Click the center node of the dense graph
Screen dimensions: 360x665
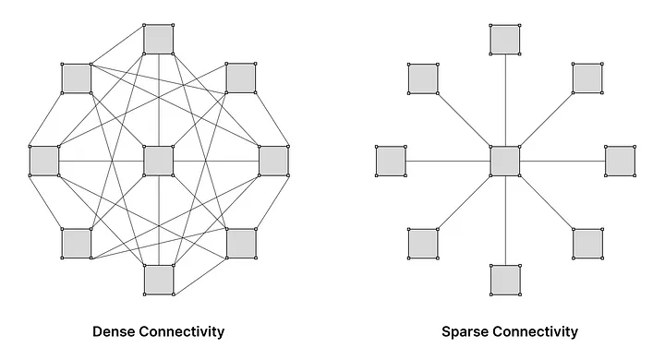(x=159, y=161)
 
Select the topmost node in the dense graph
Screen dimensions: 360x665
(x=159, y=39)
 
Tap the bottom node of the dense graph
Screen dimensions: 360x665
(x=159, y=280)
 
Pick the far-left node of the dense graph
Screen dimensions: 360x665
(x=43, y=161)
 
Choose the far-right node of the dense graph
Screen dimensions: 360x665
(x=273, y=161)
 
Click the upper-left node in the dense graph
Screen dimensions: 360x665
(x=77, y=78)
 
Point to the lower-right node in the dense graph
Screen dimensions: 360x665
(x=240, y=243)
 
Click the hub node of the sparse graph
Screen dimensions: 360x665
(x=505, y=161)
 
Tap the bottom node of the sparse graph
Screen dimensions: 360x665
(x=505, y=280)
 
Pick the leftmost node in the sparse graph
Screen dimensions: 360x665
(x=391, y=161)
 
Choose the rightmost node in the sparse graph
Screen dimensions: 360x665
(x=620, y=161)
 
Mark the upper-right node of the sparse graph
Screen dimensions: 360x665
(x=586, y=78)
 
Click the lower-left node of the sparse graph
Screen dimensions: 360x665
(x=423, y=243)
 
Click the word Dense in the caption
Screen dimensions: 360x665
(x=115, y=330)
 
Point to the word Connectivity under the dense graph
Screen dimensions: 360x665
(x=183, y=330)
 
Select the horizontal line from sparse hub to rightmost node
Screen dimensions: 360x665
(x=562, y=161)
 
